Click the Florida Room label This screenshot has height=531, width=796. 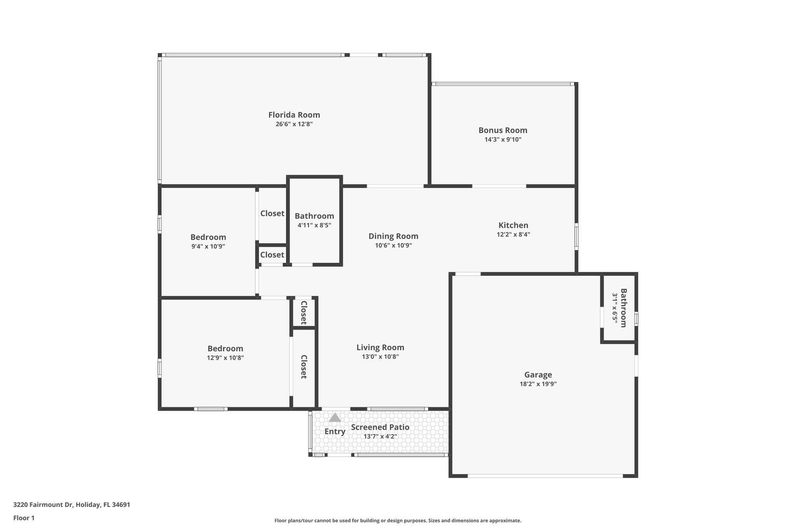[x=294, y=115]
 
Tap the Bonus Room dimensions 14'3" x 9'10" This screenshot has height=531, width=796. [x=503, y=140]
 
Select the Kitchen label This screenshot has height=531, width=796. [x=513, y=225]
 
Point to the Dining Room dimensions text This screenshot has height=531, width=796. [x=393, y=245]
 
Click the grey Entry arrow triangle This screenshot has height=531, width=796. [x=335, y=418]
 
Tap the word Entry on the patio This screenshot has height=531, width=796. [x=335, y=431]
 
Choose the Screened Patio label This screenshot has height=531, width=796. [x=380, y=427]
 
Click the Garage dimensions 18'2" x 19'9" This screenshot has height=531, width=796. [x=538, y=384]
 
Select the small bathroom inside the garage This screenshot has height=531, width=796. [x=619, y=308]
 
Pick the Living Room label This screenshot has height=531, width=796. [x=380, y=347]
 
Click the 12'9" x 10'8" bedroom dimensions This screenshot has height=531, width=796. [x=225, y=358]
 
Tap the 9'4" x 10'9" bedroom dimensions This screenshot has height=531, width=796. [x=208, y=247]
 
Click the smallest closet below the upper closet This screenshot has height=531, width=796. [x=272, y=255]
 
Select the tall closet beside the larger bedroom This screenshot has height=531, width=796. [x=304, y=366]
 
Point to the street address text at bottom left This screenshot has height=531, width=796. [x=72, y=505]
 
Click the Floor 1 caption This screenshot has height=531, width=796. [x=24, y=518]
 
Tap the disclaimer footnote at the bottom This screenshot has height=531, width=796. [x=398, y=520]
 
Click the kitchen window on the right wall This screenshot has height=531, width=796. [x=576, y=236]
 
